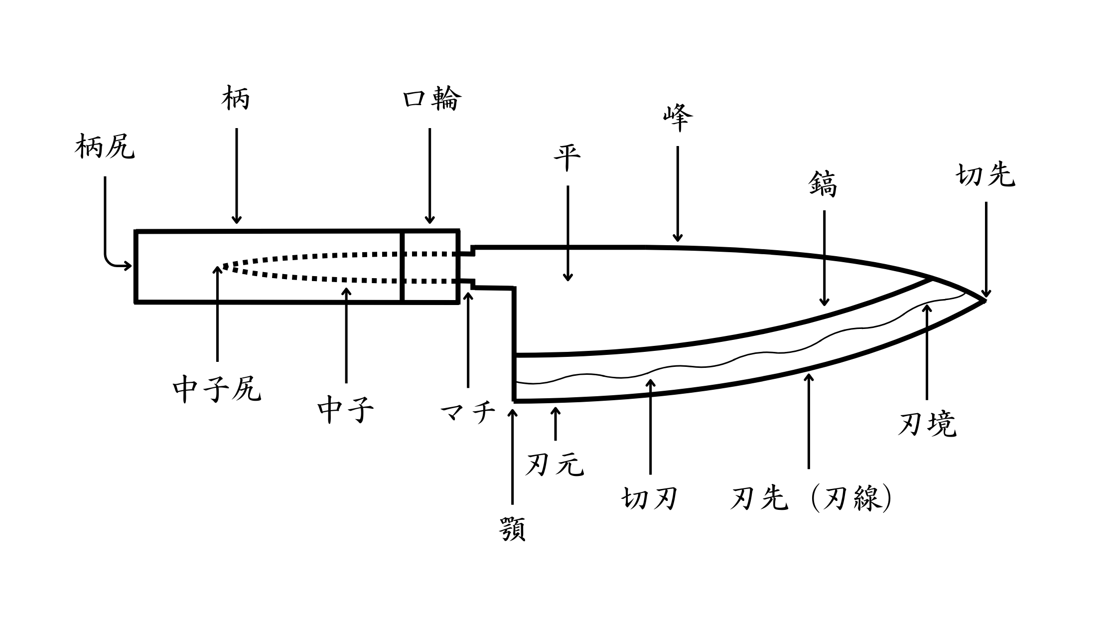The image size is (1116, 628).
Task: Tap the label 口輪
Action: click(x=431, y=99)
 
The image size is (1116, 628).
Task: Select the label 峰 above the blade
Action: click(x=678, y=118)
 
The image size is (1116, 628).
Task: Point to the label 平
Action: click(x=567, y=158)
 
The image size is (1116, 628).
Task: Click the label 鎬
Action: click(x=823, y=184)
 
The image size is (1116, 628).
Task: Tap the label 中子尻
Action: click(x=217, y=389)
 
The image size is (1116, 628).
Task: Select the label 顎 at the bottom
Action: click(x=512, y=529)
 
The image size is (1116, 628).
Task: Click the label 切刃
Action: click(x=650, y=498)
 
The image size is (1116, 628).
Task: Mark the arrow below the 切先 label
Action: click(x=986, y=249)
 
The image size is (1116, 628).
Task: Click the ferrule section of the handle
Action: click(x=430, y=267)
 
